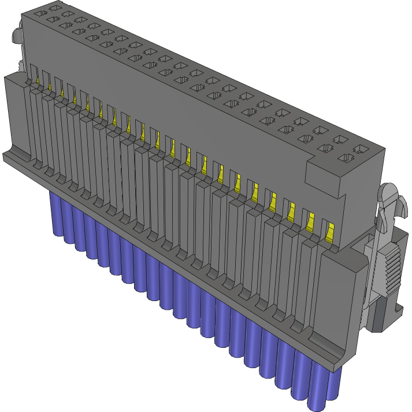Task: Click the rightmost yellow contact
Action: (329, 232)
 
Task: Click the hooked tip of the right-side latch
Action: (392, 199)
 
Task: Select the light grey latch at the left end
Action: (16, 35)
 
